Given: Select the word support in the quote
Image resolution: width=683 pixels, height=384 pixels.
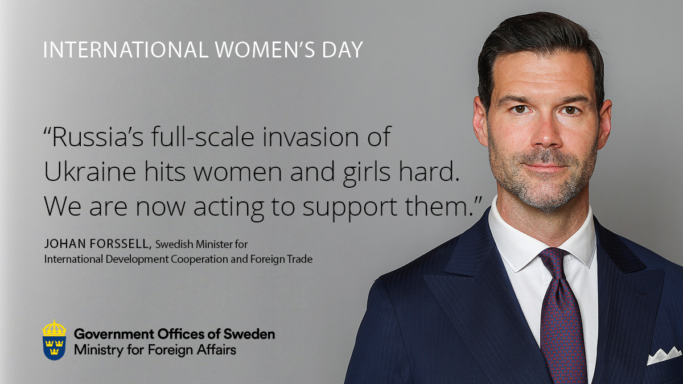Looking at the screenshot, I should pos(345,207).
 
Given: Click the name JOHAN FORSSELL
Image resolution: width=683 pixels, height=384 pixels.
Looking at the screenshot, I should pos(97,245).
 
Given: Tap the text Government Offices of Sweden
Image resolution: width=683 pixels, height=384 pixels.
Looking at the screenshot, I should pos(174,334).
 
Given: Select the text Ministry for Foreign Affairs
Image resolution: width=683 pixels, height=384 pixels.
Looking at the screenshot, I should pos(155,349).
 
